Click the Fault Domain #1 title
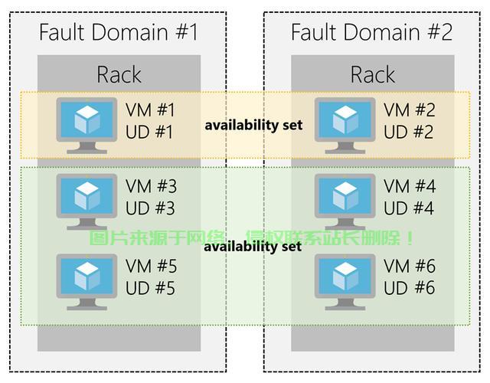coord(119,32)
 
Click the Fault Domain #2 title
coord(371,32)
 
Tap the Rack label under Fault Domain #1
coord(119,75)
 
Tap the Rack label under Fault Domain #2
coord(373,75)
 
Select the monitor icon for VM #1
coord(87,126)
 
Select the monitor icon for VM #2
coord(345,126)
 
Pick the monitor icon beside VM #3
coord(87,202)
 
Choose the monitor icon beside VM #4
coord(345,202)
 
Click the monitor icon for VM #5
coord(87,282)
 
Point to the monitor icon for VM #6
coord(345,282)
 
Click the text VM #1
coord(150,110)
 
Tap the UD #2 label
coord(408,132)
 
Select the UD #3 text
coord(150,208)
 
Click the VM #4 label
coord(410,186)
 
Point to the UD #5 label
coord(150,288)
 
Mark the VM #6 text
coord(410,267)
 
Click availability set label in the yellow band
coord(253,126)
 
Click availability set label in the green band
coord(253,247)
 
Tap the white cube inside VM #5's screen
coord(87,276)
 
